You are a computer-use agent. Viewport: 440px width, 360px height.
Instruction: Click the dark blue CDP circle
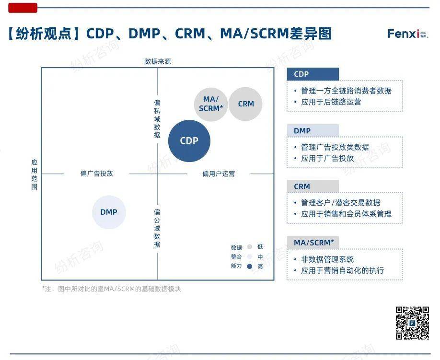click(189, 141)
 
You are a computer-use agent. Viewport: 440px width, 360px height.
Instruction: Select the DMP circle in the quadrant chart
click(109, 212)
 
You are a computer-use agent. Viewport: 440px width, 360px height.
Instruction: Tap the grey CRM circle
click(245, 104)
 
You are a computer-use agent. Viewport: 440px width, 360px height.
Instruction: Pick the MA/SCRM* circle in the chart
click(211, 104)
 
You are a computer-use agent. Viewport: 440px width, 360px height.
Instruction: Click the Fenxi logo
click(408, 34)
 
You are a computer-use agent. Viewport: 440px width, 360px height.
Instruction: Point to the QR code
click(412, 323)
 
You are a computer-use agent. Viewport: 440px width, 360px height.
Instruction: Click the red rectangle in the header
click(23, 8)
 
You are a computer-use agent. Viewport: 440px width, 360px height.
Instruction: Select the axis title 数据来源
click(158, 61)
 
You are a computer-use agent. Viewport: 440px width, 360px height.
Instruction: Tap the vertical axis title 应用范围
click(34, 174)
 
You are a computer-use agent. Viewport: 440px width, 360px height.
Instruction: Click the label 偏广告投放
click(97, 174)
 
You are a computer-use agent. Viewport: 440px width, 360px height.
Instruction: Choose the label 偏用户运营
click(219, 174)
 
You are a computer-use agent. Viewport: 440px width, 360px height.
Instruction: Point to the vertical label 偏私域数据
click(157, 119)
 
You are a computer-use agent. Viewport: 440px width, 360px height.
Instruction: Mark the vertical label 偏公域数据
click(157, 228)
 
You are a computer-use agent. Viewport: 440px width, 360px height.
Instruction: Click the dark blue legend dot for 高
click(249, 266)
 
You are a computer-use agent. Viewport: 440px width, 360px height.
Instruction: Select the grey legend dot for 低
click(249, 247)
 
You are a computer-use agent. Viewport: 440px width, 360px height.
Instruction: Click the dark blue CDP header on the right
click(313, 74)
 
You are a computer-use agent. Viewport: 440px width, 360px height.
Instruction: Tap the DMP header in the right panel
click(313, 131)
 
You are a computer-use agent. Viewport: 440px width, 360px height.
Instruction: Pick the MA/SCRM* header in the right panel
click(313, 243)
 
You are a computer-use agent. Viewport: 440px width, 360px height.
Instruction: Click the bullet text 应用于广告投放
click(327, 159)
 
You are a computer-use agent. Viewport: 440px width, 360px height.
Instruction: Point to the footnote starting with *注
click(112, 289)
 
